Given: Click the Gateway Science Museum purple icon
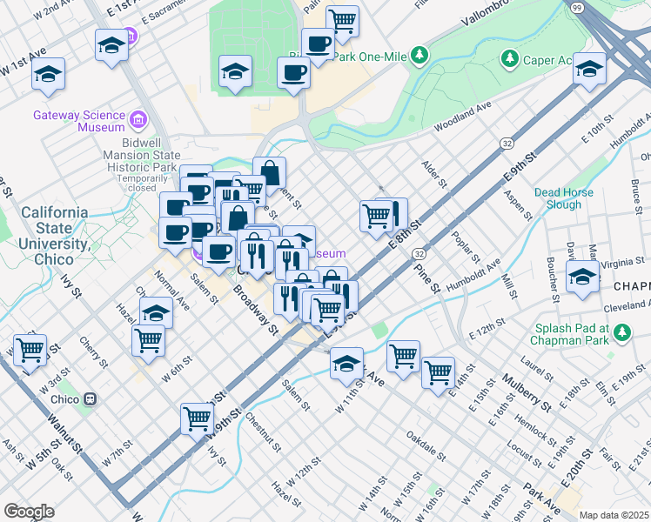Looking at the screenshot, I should coord(138,119).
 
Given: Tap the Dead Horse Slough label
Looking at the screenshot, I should coord(563,198).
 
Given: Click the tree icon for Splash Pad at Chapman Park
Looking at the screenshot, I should coord(621,331).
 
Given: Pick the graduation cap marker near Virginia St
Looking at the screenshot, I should coord(582,278).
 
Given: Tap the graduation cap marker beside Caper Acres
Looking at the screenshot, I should coord(589,69).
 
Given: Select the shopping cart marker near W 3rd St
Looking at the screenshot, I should coord(30,351).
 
